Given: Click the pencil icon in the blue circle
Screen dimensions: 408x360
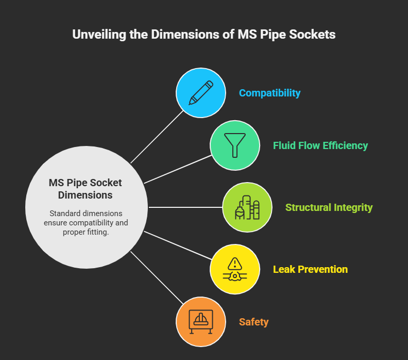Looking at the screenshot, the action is (x=201, y=93).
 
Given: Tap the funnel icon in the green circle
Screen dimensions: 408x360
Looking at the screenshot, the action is (x=235, y=145).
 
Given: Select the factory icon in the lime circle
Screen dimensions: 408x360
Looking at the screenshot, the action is (x=247, y=207).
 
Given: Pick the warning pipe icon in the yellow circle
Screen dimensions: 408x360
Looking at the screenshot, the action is (x=235, y=269).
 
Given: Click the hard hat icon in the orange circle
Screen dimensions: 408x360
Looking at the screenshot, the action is (x=201, y=322).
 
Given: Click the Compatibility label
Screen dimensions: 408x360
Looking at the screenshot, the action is (x=269, y=93).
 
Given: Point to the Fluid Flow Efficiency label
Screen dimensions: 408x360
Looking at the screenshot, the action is (x=320, y=145).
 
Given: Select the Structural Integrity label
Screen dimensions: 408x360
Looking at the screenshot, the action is (x=329, y=207).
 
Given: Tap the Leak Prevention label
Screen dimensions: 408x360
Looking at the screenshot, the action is (x=310, y=269).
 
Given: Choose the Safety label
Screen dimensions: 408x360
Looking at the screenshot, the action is (x=253, y=322).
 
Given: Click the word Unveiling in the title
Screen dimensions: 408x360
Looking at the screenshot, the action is (x=99, y=35).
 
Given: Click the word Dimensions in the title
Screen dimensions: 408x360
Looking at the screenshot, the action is (x=185, y=35).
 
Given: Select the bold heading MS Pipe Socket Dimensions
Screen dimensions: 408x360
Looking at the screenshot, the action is (x=86, y=189).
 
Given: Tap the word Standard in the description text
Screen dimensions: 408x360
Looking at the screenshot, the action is (x=64, y=214).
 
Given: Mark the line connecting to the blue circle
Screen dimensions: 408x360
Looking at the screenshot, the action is (x=157, y=137).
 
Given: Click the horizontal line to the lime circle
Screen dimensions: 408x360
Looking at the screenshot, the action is (x=185, y=207).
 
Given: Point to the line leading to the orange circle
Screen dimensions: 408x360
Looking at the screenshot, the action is (x=157, y=277).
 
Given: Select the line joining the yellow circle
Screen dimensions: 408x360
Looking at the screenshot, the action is (x=178, y=246).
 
